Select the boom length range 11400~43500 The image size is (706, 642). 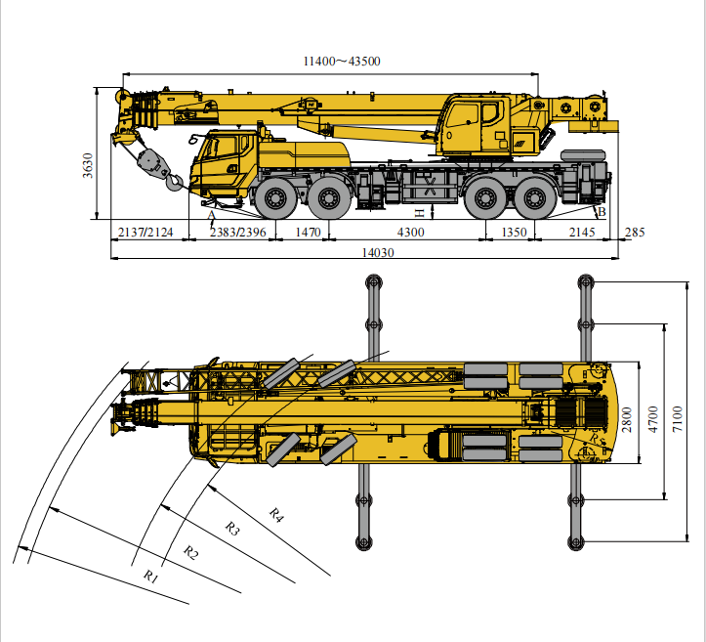tap(341, 62)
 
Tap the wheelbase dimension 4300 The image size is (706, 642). tap(410, 232)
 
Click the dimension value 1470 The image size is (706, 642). tap(308, 232)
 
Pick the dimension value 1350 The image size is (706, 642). tap(514, 232)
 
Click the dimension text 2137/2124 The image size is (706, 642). tap(145, 232)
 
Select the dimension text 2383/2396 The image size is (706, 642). tap(237, 232)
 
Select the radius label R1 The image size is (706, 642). tap(150, 577)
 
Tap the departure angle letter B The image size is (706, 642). tap(602, 211)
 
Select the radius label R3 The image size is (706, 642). tap(232, 528)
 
